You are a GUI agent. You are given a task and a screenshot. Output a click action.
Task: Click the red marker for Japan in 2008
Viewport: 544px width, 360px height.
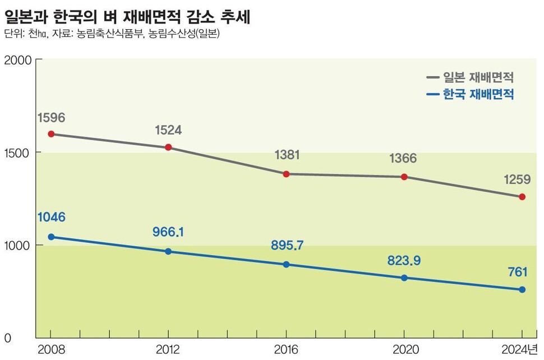(51, 134)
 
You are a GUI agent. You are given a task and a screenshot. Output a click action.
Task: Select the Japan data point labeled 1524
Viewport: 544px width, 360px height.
(168, 147)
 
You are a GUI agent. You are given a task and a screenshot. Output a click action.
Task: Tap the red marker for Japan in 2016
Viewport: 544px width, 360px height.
(286, 174)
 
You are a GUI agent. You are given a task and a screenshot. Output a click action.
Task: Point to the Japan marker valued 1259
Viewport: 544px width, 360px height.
(522, 197)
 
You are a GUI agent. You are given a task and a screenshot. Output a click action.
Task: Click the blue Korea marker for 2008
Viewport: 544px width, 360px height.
(51, 237)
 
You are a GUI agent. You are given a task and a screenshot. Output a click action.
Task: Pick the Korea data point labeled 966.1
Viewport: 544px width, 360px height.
(168, 251)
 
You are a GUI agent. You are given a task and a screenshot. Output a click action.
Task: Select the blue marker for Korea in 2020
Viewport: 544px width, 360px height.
(404, 278)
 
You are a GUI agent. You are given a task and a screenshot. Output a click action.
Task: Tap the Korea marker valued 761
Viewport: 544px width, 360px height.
(522, 289)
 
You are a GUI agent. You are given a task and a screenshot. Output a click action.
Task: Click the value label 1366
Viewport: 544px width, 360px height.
(404, 159)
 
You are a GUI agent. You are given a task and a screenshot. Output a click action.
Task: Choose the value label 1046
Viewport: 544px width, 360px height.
(51, 218)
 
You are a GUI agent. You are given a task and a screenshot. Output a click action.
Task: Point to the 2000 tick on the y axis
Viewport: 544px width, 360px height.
(16, 59)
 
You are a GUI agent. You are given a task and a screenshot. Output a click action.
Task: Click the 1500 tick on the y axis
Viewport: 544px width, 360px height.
(16, 152)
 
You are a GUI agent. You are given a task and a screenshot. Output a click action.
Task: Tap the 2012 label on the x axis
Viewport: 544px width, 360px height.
(168, 350)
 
